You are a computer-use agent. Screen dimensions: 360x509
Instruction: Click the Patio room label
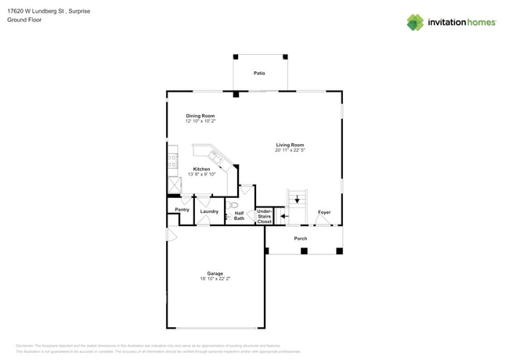pyautogui.click(x=259, y=74)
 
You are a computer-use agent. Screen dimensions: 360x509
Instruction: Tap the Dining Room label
pyautogui.click(x=200, y=116)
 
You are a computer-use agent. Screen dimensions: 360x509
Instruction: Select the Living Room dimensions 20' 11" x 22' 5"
pyautogui.click(x=290, y=150)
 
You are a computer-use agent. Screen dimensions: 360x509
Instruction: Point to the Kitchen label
pyautogui.click(x=201, y=169)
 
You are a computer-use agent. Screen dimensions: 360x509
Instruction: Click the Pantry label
pyautogui.click(x=182, y=210)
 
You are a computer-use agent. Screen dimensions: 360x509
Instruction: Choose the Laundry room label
pyautogui.click(x=209, y=211)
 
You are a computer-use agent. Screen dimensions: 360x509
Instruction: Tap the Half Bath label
pyautogui.click(x=239, y=215)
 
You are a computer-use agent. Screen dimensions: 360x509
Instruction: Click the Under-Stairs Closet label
pyautogui.click(x=264, y=216)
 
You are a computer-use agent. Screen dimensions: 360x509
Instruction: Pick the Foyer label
pyautogui.click(x=324, y=212)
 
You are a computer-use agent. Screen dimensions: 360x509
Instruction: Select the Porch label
pyautogui.click(x=301, y=238)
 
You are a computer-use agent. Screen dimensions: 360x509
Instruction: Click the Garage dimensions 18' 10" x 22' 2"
pyautogui.click(x=215, y=279)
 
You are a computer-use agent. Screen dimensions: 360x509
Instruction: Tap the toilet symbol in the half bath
pyautogui.click(x=233, y=205)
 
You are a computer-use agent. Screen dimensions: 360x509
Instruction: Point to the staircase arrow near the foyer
pyautogui.click(x=297, y=199)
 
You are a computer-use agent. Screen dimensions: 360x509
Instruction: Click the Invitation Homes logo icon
pyautogui.click(x=415, y=22)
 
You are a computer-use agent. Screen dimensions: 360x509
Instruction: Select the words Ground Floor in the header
pyautogui.click(x=24, y=20)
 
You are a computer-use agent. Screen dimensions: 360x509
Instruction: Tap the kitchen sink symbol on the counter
pyautogui.click(x=214, y=159)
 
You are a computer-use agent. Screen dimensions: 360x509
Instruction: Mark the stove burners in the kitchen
pyautogui.click(x=171, y=161)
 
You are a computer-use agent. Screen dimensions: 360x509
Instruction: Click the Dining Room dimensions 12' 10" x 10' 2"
pyautogui.click(x=200, y=121)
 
